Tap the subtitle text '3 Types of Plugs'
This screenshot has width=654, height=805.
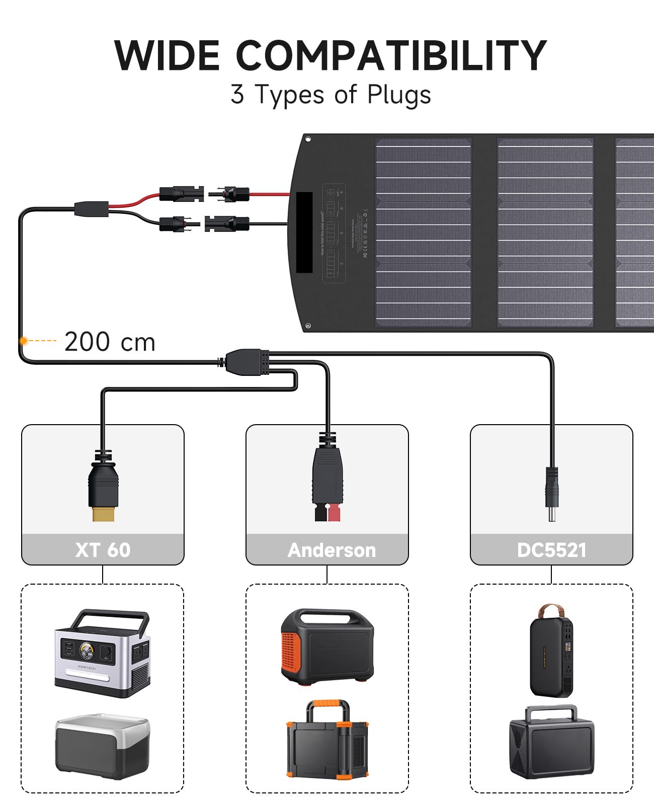[x=331, y=95]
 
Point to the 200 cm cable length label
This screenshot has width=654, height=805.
[x=110, y=342]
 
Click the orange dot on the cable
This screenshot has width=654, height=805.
[x=23, y=341]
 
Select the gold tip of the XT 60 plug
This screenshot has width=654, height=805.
[x=103, y=514]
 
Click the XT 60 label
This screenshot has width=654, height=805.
[x=103, y=549]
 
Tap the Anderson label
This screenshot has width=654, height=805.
[x=332, y=550]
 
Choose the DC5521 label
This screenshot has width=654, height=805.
[x=551, y=550]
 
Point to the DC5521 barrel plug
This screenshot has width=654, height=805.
[x=552, y=493]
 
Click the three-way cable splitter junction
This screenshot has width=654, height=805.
[x=244, y=361]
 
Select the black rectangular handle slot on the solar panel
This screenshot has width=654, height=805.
[x=304, y=232]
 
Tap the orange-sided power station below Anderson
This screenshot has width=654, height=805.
[x=327, y=647]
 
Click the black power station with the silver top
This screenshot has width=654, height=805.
[x=102, y=746]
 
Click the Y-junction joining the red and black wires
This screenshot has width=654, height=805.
[x=92, y=209]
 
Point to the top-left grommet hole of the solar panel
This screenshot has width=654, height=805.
[x=308, y=139]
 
